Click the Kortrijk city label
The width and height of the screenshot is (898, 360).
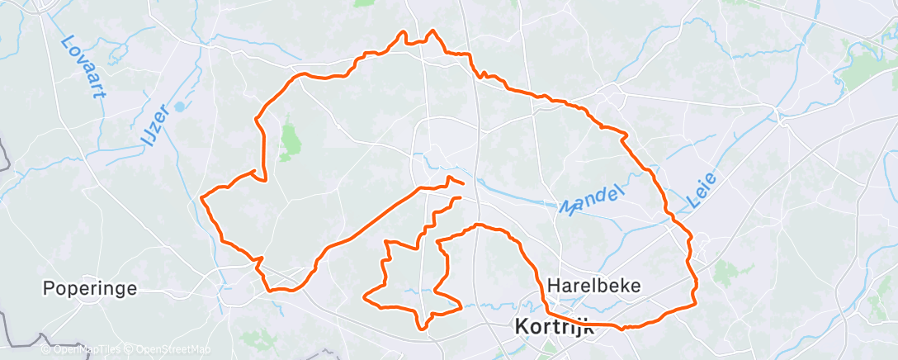pos(553,326)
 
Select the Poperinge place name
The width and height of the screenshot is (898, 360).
pos(90,290)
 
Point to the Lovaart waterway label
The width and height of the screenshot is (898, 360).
pos(85,66)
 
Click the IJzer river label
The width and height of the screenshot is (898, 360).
pos(154,129)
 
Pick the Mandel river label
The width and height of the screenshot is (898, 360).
pos(589,201)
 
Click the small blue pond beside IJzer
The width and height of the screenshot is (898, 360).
pos(178,107)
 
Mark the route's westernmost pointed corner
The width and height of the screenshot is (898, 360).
pos(202,197)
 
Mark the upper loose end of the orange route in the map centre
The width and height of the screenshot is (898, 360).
pos(463,182)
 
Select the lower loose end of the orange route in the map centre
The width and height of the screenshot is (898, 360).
pos(460,197)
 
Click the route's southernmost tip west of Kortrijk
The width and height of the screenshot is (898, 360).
pos(425,329)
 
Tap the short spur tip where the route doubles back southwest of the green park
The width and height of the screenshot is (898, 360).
pos(251,171)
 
